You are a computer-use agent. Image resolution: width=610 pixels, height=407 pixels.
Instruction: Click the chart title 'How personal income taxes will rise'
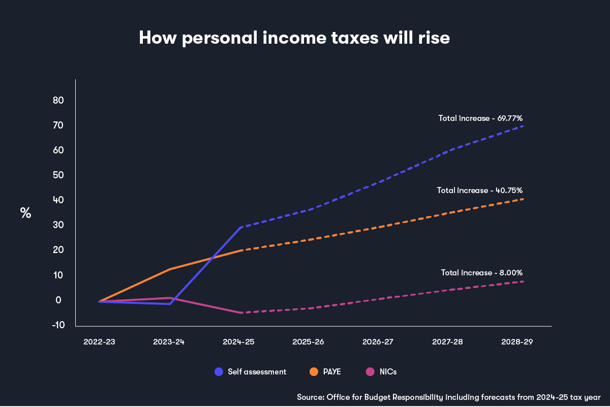coord(294,38)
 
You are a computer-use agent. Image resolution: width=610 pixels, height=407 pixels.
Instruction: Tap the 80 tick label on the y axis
coord(58,101)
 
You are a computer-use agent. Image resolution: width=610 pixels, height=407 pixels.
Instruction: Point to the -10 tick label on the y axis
coord(58,325)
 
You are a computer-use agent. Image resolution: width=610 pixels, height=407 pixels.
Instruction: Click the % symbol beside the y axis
coord(25,213)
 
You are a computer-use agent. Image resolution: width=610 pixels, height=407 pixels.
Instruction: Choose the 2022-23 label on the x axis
coord(99,342)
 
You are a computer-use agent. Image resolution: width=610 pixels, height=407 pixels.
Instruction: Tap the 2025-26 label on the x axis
coord(308,342)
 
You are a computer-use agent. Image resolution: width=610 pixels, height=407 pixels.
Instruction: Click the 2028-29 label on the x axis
coord(517,342)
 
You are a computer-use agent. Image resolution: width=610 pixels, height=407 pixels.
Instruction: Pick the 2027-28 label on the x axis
coord(447,342)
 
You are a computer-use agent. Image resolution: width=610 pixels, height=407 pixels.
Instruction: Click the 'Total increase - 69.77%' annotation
coord(480,118)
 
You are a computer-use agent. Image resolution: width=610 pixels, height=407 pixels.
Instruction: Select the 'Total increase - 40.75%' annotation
coord(479,190)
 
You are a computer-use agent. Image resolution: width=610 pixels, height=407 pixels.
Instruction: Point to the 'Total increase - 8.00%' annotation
coord(481,272)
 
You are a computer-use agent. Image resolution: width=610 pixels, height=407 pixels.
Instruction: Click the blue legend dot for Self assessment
coord(219,371)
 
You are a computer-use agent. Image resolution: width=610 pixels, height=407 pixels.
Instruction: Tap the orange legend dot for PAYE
coord(314,371)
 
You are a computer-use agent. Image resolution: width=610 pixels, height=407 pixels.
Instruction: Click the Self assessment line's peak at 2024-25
coord(241,227)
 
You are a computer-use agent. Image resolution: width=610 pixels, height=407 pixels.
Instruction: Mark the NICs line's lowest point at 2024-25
coord(241,312)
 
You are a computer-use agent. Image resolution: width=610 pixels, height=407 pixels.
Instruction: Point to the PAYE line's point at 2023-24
coord(169,269)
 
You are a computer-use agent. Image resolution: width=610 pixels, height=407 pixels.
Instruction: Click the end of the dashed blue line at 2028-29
coord(523,126)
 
